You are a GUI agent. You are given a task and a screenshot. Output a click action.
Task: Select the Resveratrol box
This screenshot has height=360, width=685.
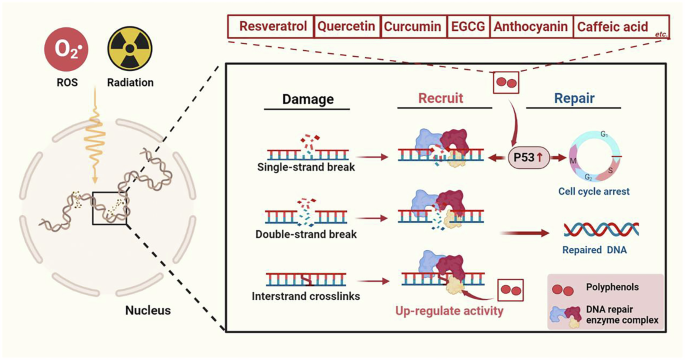point(270,27)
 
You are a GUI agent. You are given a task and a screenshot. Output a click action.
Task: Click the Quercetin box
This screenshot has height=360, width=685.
point(351,27)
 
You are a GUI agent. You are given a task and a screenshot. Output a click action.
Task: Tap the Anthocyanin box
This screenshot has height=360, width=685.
point(532,27)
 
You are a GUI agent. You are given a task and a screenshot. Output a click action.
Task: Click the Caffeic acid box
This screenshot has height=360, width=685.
point(609,27)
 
